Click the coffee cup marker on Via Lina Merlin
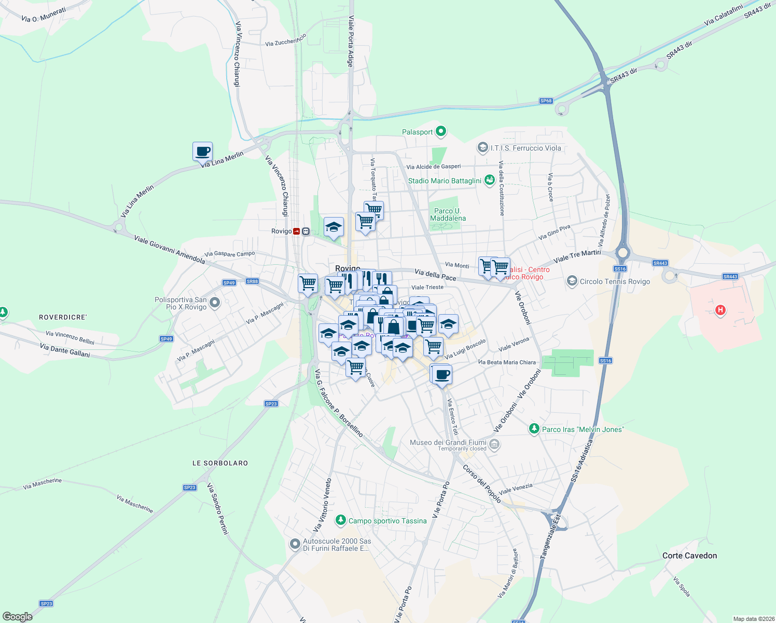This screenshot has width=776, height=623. coord(202,152)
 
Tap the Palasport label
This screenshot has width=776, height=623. coord(418,132)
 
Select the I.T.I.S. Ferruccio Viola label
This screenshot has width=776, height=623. coord(525,148)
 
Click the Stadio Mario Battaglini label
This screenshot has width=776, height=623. coord(445,181)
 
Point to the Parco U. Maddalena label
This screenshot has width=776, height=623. coord(448,214)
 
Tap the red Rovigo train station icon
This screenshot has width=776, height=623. coord(296,232)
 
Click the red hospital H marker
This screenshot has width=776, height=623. coord(720,310)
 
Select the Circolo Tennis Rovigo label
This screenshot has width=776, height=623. coord(615,281)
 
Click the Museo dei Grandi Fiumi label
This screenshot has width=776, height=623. coord(448,442)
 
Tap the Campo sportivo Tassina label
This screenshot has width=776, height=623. coord(387,521)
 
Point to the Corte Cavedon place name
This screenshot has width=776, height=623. coord(689,556)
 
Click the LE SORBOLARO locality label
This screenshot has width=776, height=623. coord(220,463)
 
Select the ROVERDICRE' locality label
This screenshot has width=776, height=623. coord(63,317)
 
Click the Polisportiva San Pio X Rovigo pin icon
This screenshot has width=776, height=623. coord(215,302)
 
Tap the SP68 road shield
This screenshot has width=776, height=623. coord(546,101)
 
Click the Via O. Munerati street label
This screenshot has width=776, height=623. coord(44,15)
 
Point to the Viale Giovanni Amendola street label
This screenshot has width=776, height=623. coord(170,249)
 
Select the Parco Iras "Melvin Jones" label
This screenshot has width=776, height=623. coord(583,429)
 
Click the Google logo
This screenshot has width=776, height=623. coord(18,616)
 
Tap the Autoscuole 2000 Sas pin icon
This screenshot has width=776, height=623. coord(295,544)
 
